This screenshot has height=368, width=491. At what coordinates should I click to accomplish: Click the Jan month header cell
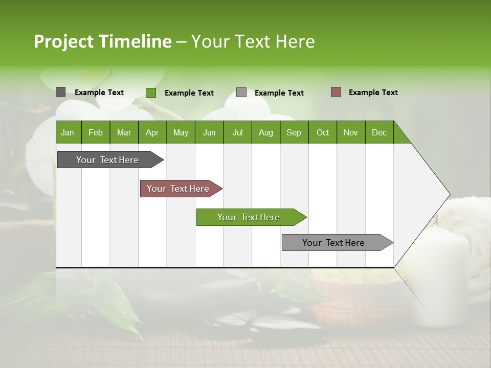(68, 132)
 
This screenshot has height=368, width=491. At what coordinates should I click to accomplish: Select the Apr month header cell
(152, 132)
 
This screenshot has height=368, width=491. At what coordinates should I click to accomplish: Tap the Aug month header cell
(265, 132)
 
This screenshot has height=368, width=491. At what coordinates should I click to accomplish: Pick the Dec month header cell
(379, 132)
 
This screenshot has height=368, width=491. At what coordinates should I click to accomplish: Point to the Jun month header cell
(209, 132)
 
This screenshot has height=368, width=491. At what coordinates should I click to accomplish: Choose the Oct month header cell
(323, 132)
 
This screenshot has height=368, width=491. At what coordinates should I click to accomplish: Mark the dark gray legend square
(60, 92)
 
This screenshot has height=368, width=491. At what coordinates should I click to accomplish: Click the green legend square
(150, 93)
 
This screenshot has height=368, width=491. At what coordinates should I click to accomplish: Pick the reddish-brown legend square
(336, 92)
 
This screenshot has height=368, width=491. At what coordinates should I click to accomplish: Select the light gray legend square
(241, 93)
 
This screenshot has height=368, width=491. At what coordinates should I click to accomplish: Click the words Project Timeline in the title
(102, 41)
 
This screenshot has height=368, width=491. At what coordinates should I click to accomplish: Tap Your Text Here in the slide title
(253, 41)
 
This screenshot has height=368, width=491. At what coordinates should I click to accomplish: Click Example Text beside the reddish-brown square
(373, 93)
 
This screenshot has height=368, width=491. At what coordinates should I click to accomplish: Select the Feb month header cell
(96, 132)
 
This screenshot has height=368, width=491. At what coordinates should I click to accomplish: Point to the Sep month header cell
(294, 132)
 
